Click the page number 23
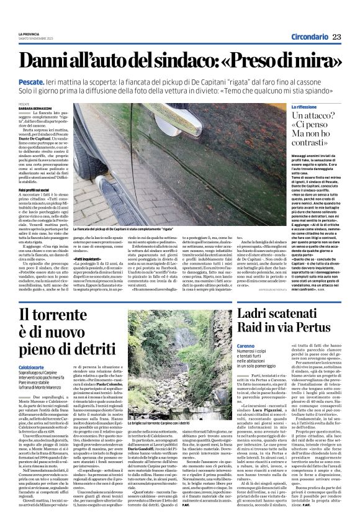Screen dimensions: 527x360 pos(336,37)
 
